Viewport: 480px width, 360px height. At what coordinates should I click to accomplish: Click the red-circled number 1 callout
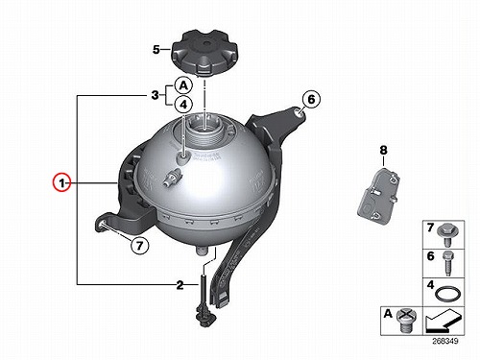62,182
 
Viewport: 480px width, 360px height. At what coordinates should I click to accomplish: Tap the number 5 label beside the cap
156,50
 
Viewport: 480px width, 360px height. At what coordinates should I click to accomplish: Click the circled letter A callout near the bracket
183,85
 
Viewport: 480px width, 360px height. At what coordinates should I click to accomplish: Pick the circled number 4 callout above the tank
183,105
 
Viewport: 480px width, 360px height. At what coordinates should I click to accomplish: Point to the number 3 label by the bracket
155,95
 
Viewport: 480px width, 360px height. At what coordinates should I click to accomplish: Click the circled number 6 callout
311,100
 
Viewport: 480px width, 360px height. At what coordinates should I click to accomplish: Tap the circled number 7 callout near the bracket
139,246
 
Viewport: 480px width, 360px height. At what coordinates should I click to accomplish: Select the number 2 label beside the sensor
180,285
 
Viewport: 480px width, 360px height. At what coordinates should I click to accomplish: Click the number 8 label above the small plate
383,150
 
